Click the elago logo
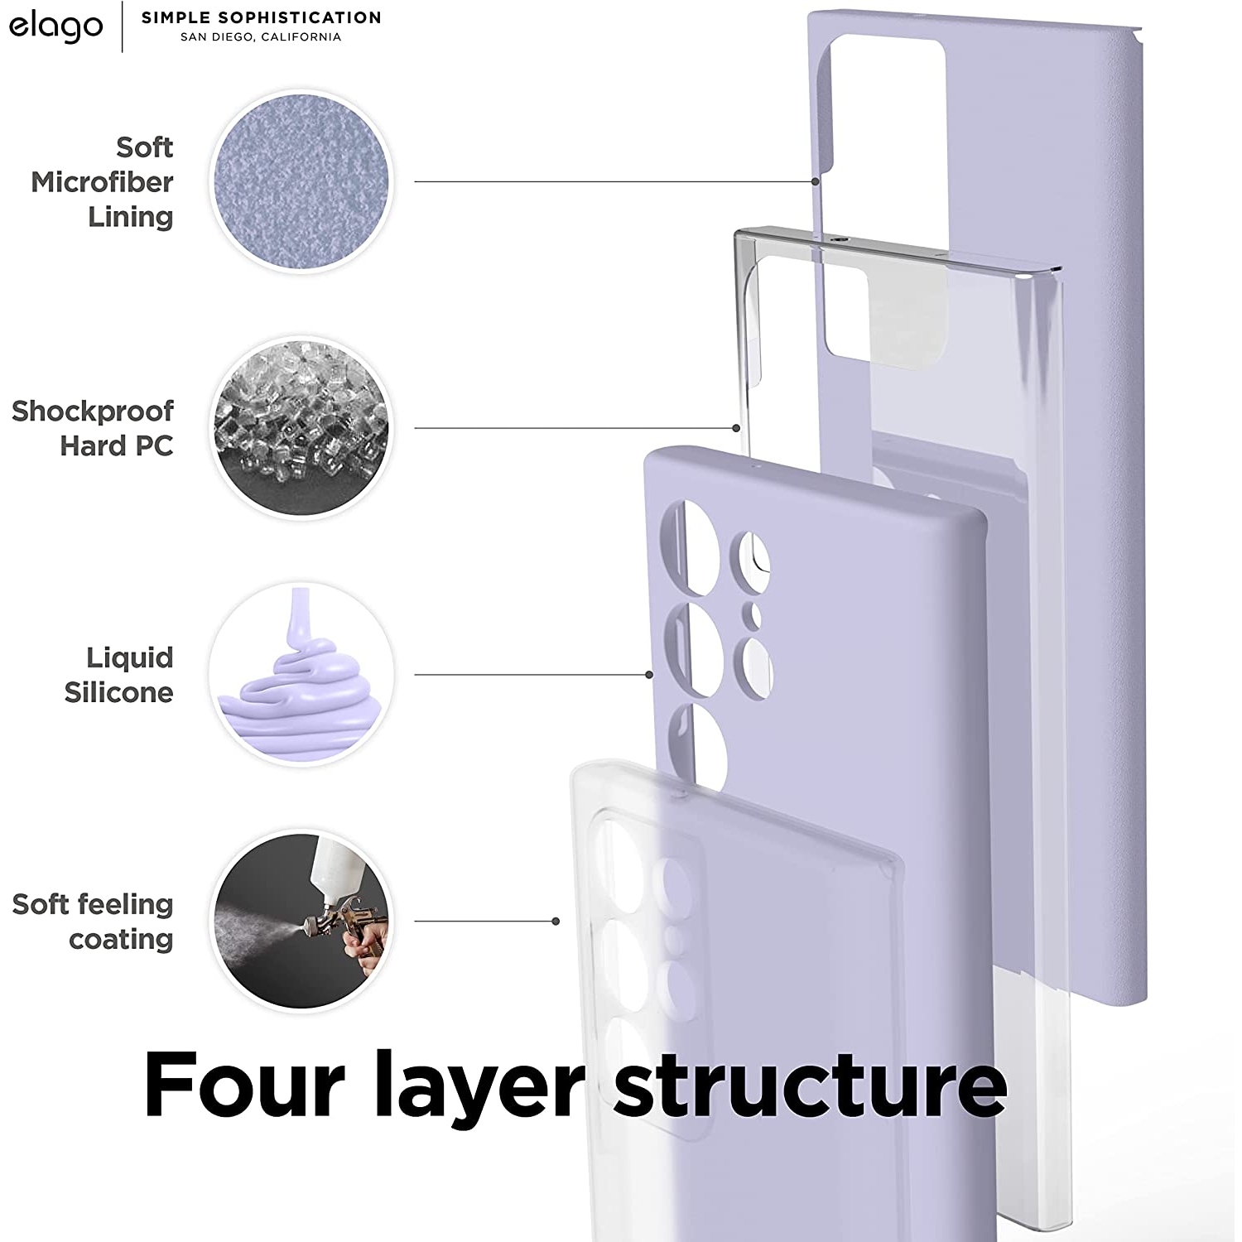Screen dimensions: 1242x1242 [55, 26]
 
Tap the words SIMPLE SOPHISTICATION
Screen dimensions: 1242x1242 [261, 17]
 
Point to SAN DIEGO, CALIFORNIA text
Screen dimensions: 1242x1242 [261, 37]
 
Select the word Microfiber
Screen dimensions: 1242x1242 [102, 182]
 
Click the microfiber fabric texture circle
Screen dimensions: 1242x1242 [301, 181]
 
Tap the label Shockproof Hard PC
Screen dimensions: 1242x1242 [93, 428]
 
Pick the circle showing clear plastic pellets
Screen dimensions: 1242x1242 [301, 428]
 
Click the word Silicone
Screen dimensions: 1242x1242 [118, 692]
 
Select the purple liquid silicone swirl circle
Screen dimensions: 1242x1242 [301, 674]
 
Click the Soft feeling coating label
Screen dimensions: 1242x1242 [93, 922]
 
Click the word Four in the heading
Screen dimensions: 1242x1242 [243, 1085]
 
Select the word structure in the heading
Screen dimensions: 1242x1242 [810, 1086]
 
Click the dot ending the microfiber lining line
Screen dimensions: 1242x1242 [815, 181]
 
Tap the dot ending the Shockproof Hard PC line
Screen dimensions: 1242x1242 [736, 428]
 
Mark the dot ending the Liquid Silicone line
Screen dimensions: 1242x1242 [649, 675]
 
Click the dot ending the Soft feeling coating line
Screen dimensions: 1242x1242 [556, 921]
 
